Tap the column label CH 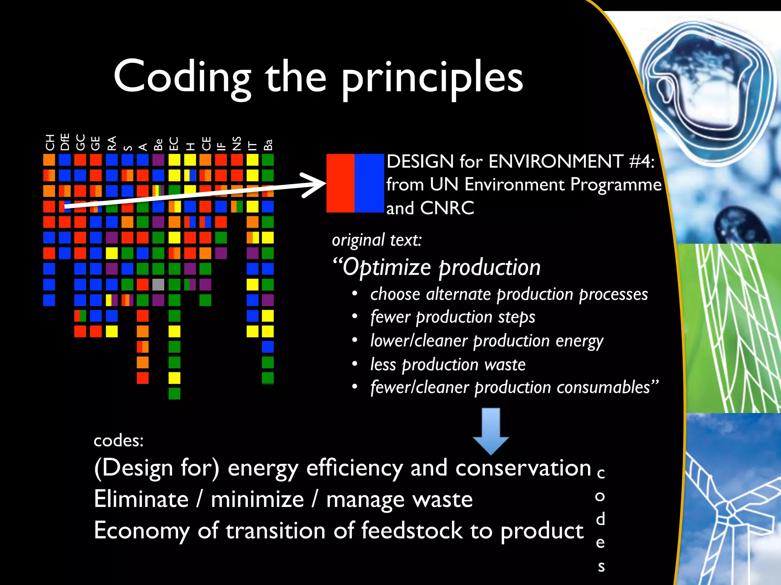click(x=50, y=142)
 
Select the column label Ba click(x=268, y=145)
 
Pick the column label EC click(x=174, y=144)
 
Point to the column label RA click(x=111, y=143)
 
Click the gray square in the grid click(x=158, y=285)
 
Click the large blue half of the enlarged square click(x=369, y=183)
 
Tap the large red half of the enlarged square click(x=340, y=183)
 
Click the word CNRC click(x=447, y=208)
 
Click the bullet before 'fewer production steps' click(x=355, y=316)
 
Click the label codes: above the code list click(x=119, y=441)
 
